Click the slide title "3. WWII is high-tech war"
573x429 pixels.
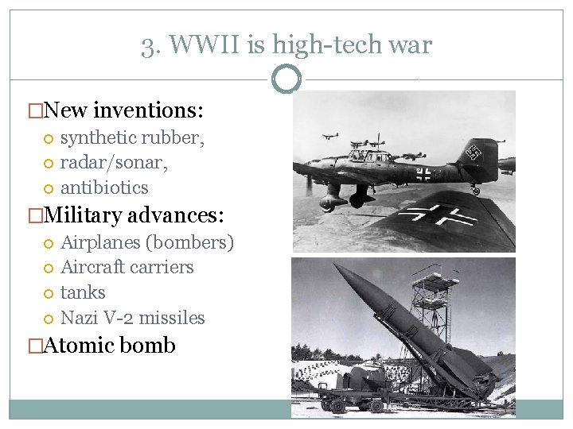pos(286,44)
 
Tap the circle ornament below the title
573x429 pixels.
pos(286,79)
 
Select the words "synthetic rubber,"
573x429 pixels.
pos(132,137)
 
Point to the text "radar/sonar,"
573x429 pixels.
pos(114,162)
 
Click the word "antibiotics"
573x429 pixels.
pos(104,187)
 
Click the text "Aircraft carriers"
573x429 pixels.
pos(127,267)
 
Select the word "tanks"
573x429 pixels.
pos(83,292)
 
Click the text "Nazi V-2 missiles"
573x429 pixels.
pos(133,318)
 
